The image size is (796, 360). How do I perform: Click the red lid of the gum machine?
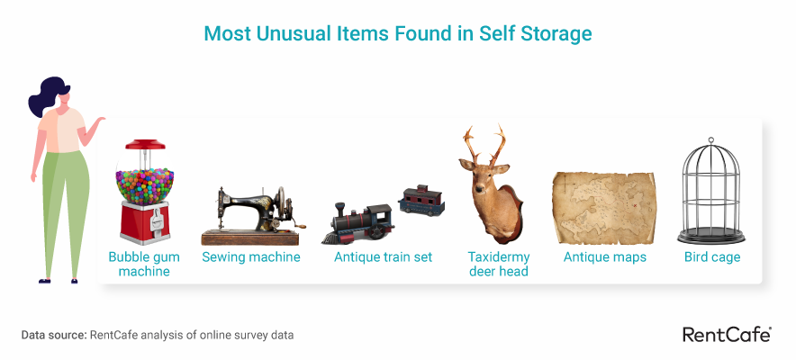click(145, 145)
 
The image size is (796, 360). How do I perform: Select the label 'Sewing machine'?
click(251, 256)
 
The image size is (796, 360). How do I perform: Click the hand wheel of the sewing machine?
click(281, 203)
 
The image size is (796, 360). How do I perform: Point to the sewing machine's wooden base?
click(250, 238)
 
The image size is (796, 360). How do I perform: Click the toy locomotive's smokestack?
click(339, 209)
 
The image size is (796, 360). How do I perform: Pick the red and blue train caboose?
click(421, 201)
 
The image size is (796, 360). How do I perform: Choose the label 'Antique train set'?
click(384, 256)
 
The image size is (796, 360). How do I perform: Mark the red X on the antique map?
click(635, 205)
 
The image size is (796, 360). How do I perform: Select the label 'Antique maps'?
click(604, 257)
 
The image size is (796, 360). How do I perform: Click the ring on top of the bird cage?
click(710, 139)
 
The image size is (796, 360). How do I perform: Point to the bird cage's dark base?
click(711, 236)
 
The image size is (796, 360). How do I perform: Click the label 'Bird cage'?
click(712, 257)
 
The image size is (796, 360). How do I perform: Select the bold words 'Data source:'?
click(54, 335)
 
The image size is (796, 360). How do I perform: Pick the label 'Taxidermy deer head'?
click(499, 264)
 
